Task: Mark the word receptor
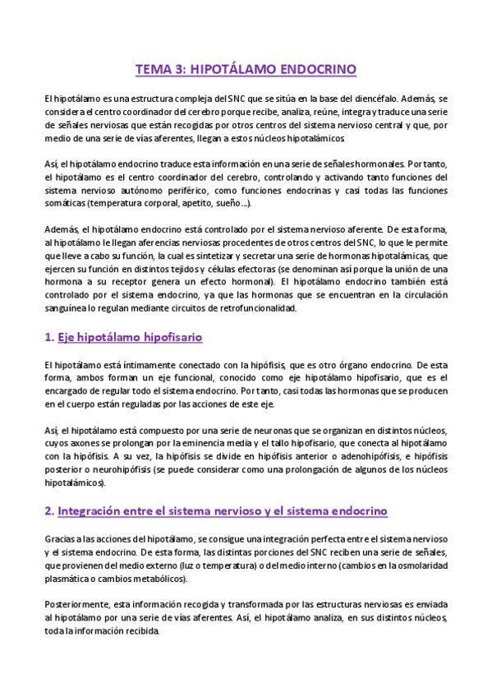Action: pos(133,283)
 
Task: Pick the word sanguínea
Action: pos(67,309)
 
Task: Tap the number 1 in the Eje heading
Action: pos(48,338)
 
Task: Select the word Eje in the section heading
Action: pos(70,338)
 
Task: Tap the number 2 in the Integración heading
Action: pos(48,510)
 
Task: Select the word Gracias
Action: pos(62,538)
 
